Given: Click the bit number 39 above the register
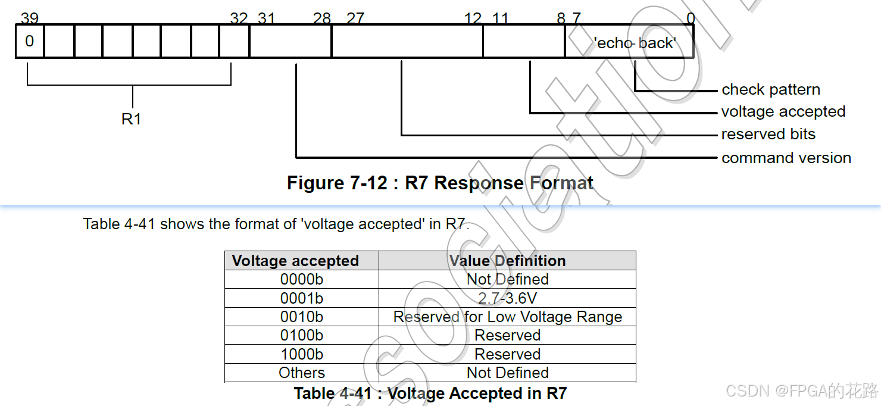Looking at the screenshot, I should pos(29,18).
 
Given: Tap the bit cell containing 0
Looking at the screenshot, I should pos(30,42).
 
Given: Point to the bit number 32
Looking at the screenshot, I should pos(239,18).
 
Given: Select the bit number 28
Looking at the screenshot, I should pos(321,18).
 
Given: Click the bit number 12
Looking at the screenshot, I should pos(473,18).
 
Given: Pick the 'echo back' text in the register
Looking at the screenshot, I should pos(635,43).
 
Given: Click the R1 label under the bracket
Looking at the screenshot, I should pos(132,119).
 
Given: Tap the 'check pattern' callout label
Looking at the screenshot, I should pos(771,90).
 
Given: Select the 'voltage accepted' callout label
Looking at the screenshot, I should pos(783,112).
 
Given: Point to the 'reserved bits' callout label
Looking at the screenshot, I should pos(768,135).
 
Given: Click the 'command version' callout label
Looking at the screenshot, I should pos(786,158).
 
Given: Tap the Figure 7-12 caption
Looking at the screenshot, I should pos(440,183).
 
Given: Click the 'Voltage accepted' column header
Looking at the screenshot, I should pos(295,261).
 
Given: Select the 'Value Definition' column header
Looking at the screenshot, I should pos(507,261).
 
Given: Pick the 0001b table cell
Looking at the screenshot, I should pos(302,298).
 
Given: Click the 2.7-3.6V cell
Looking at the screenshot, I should pos(507,298).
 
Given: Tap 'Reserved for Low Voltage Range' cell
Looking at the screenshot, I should pos(507,317).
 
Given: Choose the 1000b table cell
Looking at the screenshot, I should pos(302,354).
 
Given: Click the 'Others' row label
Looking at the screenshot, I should pos(302,373).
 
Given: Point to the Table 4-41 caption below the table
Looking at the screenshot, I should pos(430,393).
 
